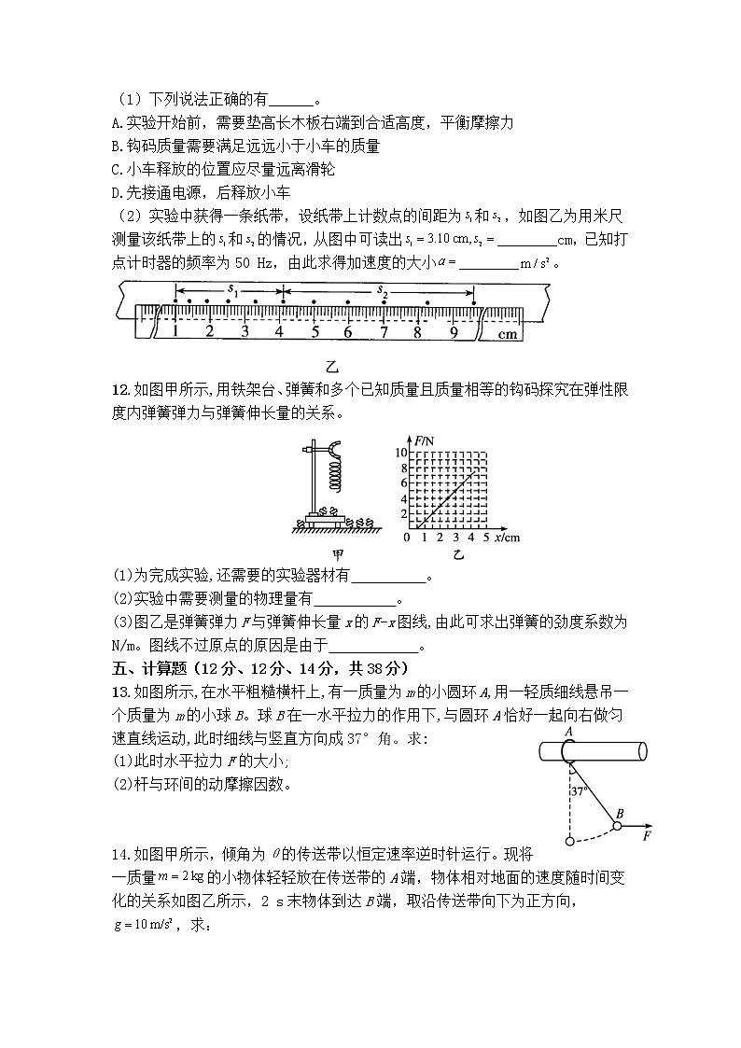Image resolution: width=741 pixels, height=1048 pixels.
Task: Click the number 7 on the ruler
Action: tap(383, 331)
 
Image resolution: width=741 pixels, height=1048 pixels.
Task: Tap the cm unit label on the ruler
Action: tap(507, 333)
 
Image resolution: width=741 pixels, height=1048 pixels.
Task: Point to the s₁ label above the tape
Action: tap(232, 291)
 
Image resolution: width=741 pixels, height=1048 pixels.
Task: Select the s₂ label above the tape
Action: tap(383, 291)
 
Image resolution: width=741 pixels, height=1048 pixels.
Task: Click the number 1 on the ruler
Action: tap(175, 331)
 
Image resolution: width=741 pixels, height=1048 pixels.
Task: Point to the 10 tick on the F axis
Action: tap(404, 452)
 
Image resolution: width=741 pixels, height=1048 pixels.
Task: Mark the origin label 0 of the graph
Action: tap(406, 538)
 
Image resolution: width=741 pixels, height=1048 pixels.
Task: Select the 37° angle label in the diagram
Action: tap(580, 790)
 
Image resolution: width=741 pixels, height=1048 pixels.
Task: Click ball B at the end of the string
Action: tap(616, 826)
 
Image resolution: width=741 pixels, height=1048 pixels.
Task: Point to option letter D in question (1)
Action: tap(115, 193)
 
